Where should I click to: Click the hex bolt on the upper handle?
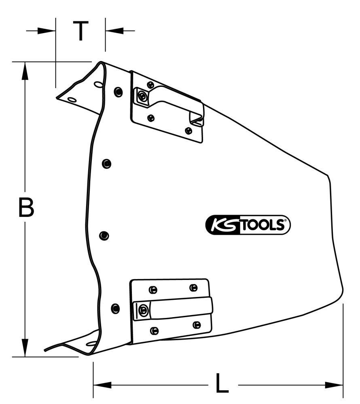(142, 96)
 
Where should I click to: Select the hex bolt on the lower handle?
(142, 310)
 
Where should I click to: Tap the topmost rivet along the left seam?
(118, 92)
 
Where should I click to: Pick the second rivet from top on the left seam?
(106, 163)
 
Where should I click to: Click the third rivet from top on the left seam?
(104, 235)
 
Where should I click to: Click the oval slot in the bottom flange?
(92, 344)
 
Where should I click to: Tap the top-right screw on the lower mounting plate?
(193, 287)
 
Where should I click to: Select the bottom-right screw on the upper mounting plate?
(188, 130)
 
